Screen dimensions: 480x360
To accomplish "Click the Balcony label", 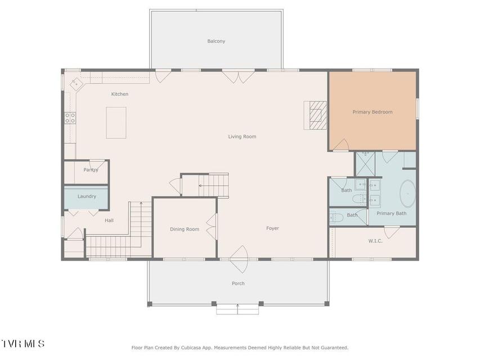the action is (216, 41).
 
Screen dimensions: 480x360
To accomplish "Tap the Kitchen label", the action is (120, 94).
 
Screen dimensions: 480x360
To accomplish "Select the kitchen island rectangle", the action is (116, 123).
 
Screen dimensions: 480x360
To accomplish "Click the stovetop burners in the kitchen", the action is (70, 118).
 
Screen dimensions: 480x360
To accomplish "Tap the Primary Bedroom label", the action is (373, 112).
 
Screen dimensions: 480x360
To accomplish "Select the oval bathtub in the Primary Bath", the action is (408, 193).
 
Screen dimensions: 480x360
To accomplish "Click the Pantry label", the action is (91, 169).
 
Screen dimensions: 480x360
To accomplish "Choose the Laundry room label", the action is (87, 196).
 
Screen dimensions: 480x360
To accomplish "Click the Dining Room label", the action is (185, 229).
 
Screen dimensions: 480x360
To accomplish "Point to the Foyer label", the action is (272, 228).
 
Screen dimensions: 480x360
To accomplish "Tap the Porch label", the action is (238, 283).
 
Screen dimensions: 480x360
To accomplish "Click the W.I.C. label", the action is (375, 241).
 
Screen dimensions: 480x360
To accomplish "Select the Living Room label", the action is (242, 137).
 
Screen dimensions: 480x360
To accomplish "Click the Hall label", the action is (109, 220).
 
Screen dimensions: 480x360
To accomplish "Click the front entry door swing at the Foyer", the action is (239, 259).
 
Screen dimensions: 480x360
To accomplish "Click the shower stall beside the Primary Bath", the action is (365, 164).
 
